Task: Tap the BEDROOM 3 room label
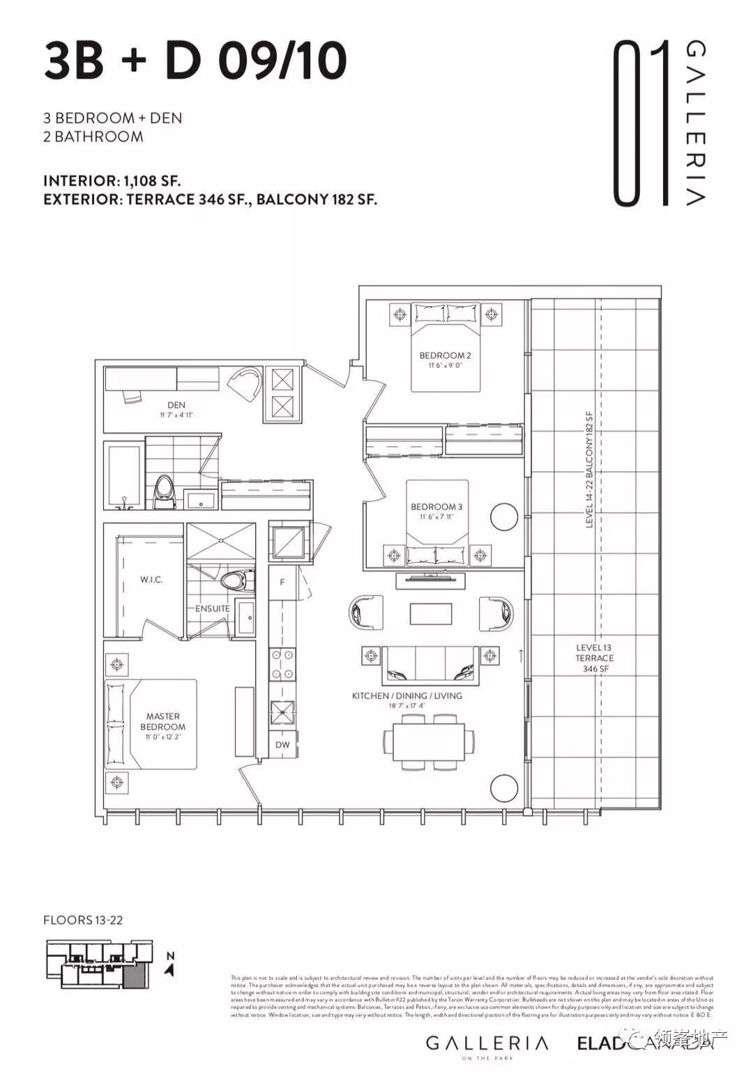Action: pyautogui.click(x=436, y=507)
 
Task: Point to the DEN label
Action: pyautogui.click(x=176, y=405)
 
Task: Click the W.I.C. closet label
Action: pyautogui.click(x=151, y=580)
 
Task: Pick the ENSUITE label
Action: pyautogui.click(x=212, y=608)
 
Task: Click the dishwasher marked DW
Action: pyautogui.click(x=282, y=745)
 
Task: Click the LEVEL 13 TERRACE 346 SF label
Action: pyautogui.click(x=594, y=658)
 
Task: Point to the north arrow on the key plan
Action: pyautogui.click(x=170, y=965)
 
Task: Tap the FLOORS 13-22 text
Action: pyautogui.click(x=83, y=920)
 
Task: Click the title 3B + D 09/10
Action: pyautogui.click(x=195, y=61)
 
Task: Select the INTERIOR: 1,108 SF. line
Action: pyautogui.click(x=112, y=181)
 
